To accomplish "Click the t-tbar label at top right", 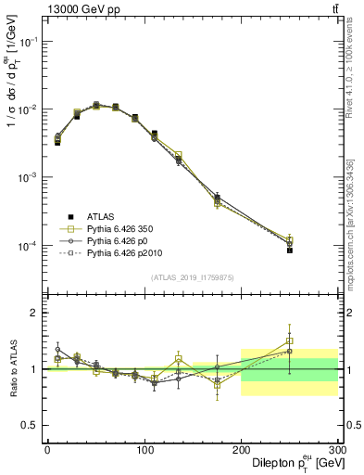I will [334, 8].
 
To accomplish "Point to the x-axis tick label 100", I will [144, 450].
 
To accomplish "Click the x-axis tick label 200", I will [242, 450].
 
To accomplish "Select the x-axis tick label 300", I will [337, 450].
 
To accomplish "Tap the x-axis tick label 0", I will [47, 450].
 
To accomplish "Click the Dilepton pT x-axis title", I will [291, 463].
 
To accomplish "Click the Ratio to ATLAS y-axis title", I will [12, 368].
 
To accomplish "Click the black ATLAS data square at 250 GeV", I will [290, 250].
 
